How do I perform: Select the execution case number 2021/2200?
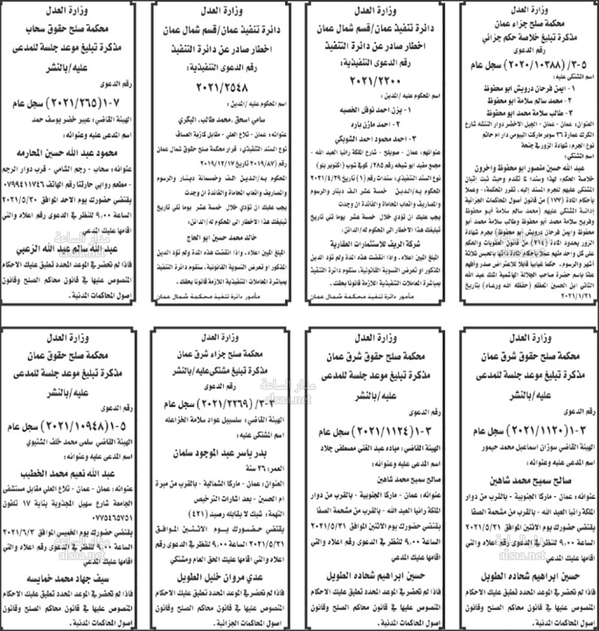[x=376, y=81]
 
